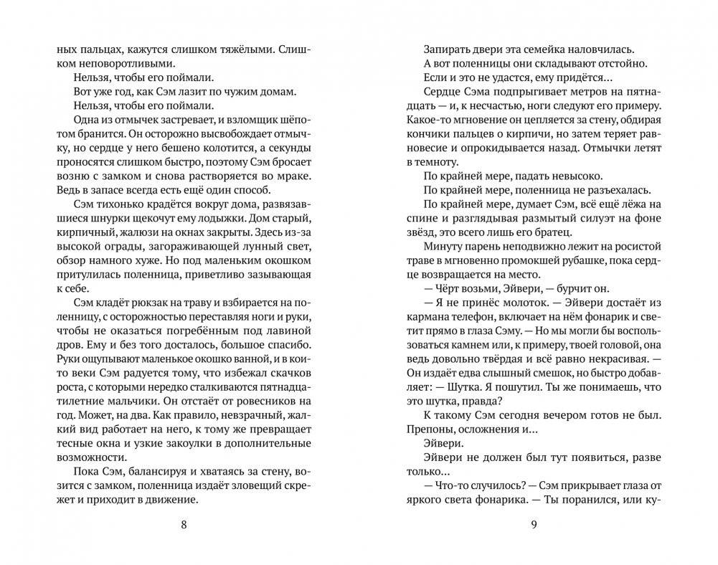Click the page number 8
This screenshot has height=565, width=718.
click(184, 523)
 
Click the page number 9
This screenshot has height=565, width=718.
click(534, 523)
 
